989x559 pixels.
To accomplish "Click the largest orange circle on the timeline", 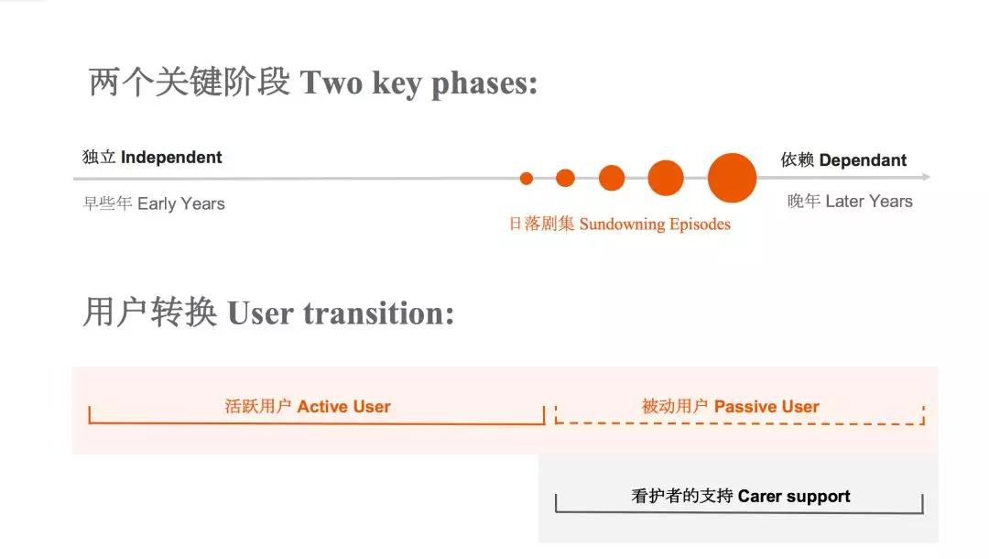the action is click(x=732, y=178).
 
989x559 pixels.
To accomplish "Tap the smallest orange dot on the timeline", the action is click(x=526, y=179).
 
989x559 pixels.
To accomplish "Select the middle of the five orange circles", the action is click(x=611, y=178).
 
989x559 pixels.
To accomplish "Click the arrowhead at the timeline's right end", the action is click(x=926, y=177).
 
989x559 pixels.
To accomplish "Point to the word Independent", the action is click(x=171, y=157).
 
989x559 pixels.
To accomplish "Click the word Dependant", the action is click(x=863, y=160).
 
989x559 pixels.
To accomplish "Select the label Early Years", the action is click(x=181, y=203).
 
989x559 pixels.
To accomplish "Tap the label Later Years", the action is click(x=868, y=202).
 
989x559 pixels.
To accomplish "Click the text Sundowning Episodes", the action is click(x=655, y=225).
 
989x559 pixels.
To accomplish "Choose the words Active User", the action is click(x=343, y=406).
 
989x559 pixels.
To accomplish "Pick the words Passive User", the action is click(x=766, y=406).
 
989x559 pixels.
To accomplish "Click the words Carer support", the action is click(x=793, y=497).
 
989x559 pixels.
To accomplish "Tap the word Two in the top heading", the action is click(x=331, y=82).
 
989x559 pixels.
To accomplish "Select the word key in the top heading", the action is click(x=397, y=84).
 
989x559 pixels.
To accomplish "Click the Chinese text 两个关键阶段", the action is click(x=190, y=82).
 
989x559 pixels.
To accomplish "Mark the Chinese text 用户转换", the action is click(x=150, y=312).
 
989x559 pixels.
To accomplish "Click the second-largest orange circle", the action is click(x=666, y=178).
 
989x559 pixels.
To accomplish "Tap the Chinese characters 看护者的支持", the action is click(x=681, y=497).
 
